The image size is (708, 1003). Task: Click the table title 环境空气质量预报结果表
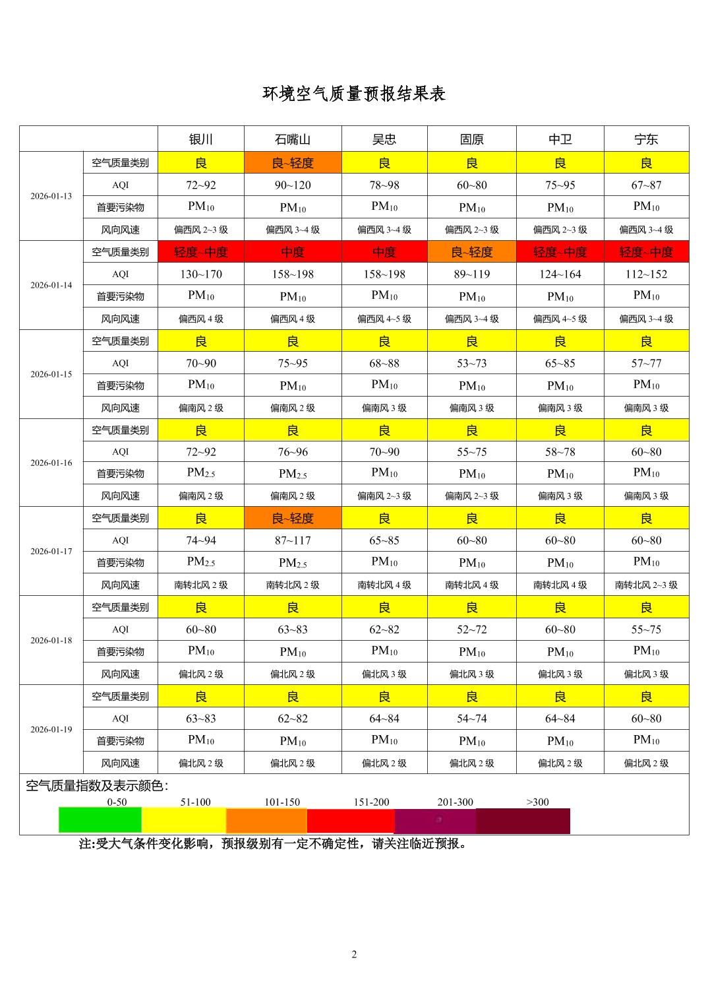354,94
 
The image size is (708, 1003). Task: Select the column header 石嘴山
293,139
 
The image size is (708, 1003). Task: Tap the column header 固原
471,139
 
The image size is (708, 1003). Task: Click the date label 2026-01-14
51,285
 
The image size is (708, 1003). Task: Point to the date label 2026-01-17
51,551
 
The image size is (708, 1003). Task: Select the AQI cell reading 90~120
293,185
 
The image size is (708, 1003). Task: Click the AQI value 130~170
200,274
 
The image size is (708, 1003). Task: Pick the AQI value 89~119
471,274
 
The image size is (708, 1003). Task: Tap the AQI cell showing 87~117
293,540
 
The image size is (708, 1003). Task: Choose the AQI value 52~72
471,630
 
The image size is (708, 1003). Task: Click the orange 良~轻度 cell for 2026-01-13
293,162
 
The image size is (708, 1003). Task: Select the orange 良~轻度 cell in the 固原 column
471,251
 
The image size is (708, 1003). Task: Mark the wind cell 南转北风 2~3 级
646,585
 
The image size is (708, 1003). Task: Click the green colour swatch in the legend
100,820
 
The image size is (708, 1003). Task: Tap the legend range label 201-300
455,802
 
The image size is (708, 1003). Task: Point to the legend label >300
537,802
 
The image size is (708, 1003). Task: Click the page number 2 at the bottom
354,954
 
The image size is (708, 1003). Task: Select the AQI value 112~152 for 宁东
646,274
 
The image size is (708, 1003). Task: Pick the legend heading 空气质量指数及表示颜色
97,786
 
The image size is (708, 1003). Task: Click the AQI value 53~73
471,363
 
